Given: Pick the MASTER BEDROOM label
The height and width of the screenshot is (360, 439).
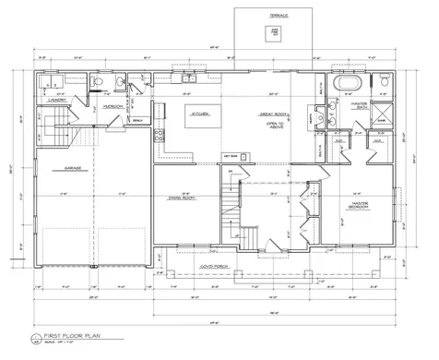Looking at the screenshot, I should (x=354, y=204).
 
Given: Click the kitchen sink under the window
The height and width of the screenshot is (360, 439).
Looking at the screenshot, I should (x=189, y=78).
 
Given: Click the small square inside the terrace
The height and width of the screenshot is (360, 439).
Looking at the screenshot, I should (x=274, y=32).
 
